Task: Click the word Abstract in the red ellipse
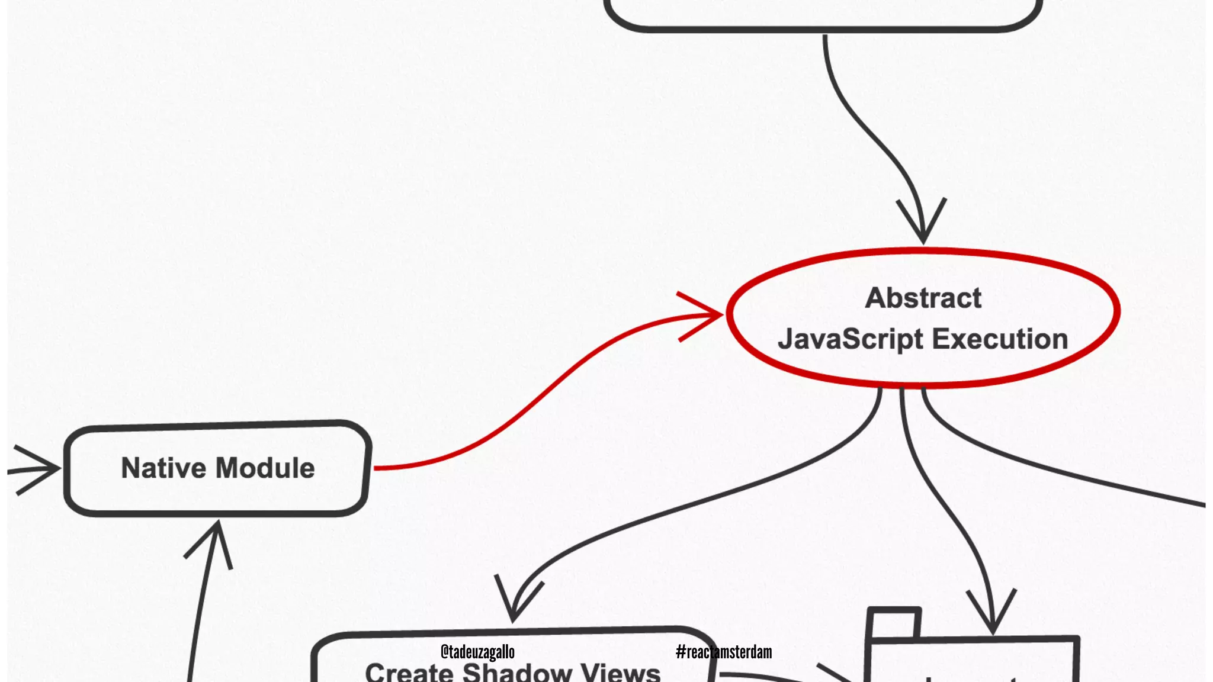click(x=923, y=298)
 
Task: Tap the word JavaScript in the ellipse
click(x=851, y=340)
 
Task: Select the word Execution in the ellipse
click(x=1000, y=339)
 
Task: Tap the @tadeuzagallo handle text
click(x=477, y=652)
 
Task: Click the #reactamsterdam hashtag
click(x=724, y=652)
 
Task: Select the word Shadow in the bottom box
click(x=516, y=673)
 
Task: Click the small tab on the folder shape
click(x=894, y=623)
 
